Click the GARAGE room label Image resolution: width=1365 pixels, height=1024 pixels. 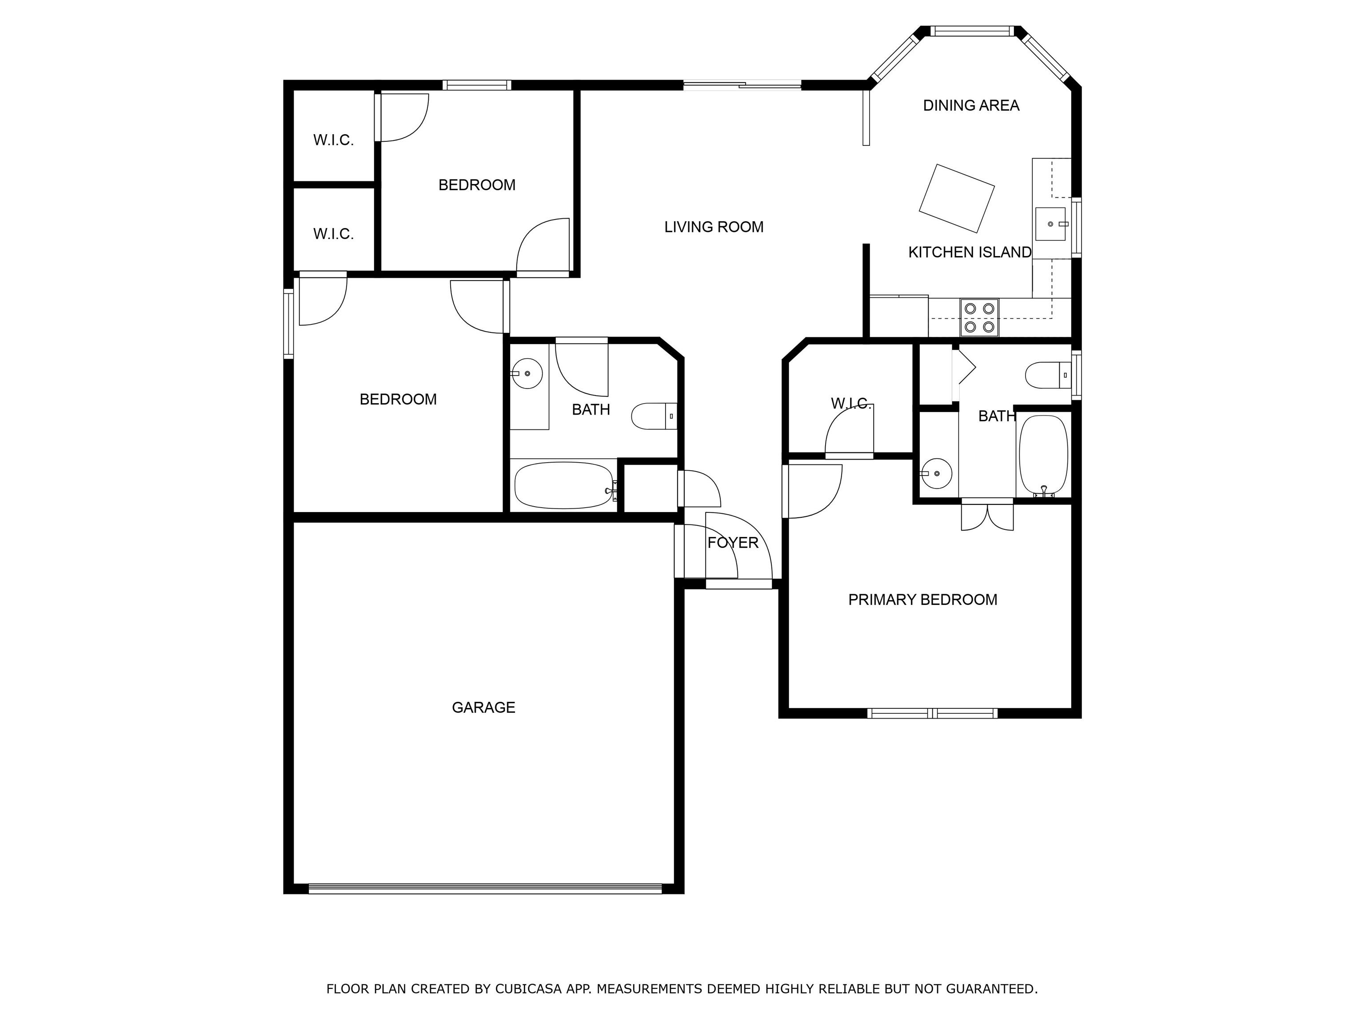click(x=483, y=708)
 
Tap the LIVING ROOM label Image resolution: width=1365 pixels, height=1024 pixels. click(x=714, y=227)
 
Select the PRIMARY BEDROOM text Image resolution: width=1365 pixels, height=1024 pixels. click(x=922, y=600)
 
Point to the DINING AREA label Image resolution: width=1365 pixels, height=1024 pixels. click(x=971, y=105)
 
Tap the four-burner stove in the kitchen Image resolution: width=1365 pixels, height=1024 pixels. click(x=979, y=317)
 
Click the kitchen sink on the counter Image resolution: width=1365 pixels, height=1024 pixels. click(x=1050, y=224)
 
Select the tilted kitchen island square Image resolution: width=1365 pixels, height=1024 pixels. click(x=957, y=198)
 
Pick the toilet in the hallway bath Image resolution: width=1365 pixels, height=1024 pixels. click(x=654, y=416)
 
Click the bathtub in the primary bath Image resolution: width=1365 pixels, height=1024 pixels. click(x=1043, y=456)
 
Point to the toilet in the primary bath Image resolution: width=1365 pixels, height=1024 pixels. click(x=1048, y=375)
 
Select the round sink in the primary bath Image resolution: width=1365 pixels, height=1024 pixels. click(x=936, y=473)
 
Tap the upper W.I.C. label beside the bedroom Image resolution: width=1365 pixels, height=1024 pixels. click(x=333, y=140)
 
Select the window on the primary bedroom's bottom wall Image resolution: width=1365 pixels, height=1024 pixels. click(x=932, y=713)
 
